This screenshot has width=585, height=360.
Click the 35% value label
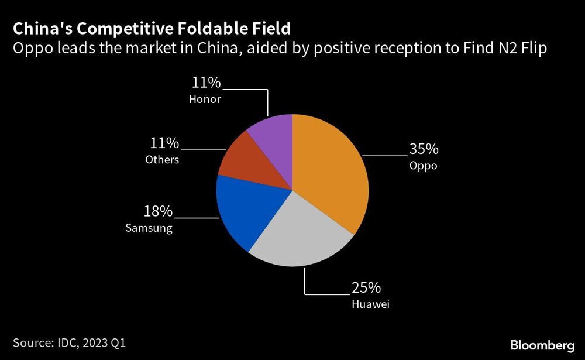(424, 148)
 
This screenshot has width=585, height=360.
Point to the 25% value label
(366, 287)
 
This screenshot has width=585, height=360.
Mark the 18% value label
(159, 211)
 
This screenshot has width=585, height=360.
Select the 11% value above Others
(165, 143)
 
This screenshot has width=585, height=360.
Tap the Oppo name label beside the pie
(423, 166)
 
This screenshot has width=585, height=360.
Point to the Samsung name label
(149, 228)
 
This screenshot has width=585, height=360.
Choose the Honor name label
(205, 100)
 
